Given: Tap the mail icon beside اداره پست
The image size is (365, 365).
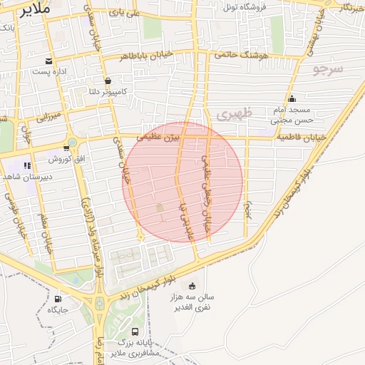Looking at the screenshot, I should click(48, 61).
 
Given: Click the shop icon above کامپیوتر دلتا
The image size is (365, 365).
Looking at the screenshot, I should click(107, 81).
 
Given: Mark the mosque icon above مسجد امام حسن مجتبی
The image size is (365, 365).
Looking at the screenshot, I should click(291, 99).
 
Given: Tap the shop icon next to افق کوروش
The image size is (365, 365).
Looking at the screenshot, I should click(66, 148).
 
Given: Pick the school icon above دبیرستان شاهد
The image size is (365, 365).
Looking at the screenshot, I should click(27, 165).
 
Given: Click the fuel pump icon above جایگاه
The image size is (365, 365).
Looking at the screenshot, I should click(58, 299).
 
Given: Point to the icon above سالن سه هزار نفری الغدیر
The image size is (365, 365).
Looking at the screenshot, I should click(191, 284).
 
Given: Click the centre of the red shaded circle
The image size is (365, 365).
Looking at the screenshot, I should click(183, 182).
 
